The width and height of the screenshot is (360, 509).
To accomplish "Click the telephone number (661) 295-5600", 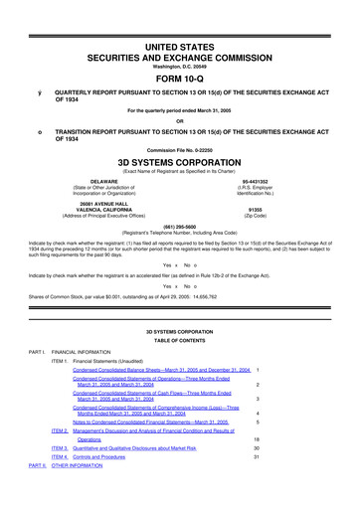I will (179, 224).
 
